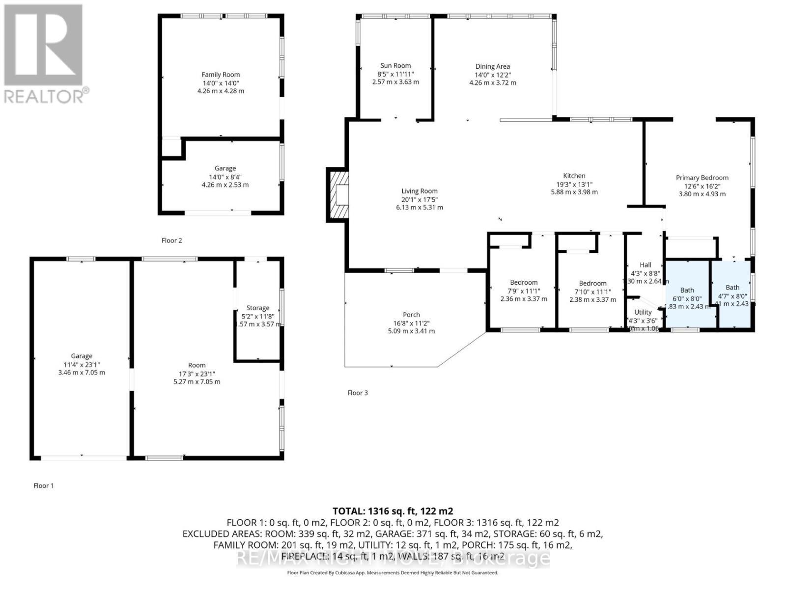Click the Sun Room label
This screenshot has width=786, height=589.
395,65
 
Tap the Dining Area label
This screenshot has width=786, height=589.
492,66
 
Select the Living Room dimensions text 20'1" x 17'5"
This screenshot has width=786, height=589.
419,199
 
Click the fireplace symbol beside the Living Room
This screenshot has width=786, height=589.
338,195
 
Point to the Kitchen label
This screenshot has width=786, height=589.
574,176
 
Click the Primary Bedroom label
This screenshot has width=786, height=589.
702,178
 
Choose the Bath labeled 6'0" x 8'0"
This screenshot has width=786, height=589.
687,290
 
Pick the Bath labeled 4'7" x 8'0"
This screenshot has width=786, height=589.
732,288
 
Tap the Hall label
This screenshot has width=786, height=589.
645,265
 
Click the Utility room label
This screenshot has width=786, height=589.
643,312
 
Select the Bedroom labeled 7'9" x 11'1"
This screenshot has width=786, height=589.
523,282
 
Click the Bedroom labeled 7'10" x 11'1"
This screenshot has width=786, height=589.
592,283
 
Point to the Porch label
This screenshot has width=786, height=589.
411,315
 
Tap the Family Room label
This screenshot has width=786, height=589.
221,75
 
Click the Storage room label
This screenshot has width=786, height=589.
257,308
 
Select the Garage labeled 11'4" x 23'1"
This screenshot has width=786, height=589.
82,356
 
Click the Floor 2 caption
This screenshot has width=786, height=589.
171,240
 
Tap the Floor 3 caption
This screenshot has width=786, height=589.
357,393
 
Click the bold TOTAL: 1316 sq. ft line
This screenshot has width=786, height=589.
393,511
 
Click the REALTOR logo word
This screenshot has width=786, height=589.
44,96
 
